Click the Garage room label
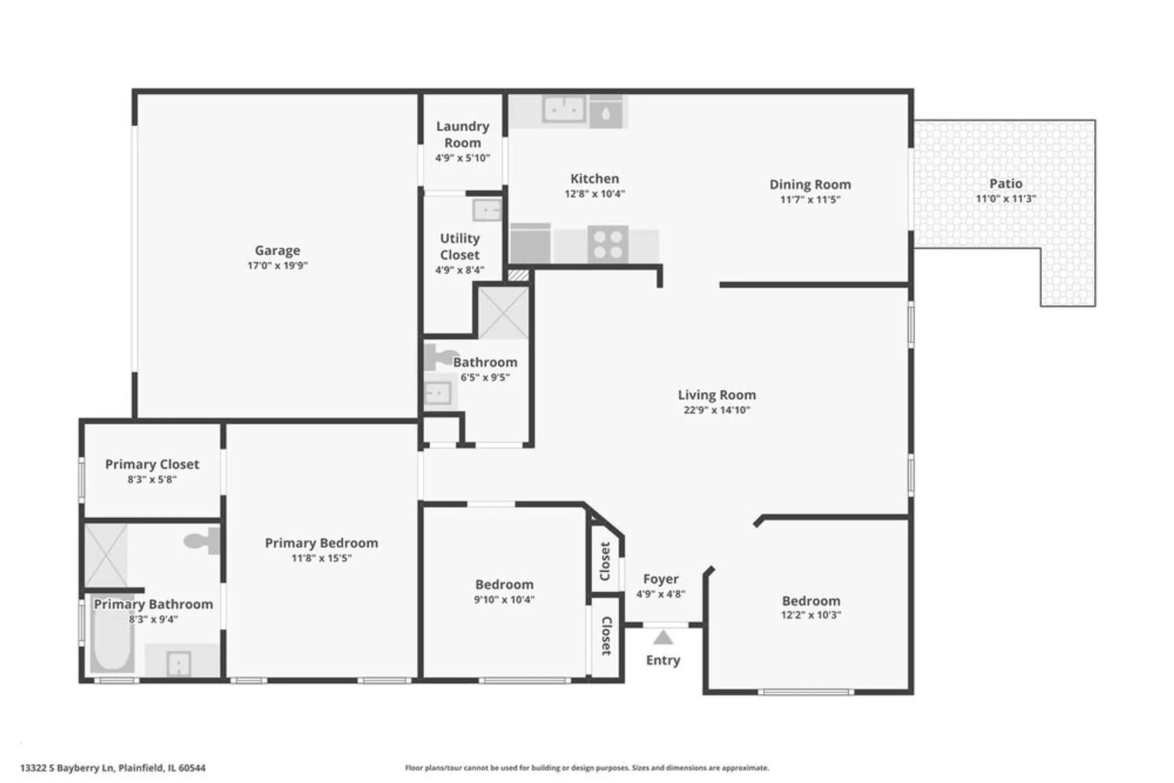tap(277, 251)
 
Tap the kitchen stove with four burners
tap(608, 245)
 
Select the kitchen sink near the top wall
tap(564, 109)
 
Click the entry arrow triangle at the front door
tap(663, 637)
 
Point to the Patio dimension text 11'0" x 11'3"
tap(1006, 199)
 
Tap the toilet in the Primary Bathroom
tap(200, 541)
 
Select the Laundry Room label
tap(463, 134)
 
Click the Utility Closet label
tap(460, 247)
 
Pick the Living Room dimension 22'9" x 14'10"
tap(717, 410)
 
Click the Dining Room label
tap(810, 184)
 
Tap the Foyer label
tap(660, 579)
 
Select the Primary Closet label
tap(152, 464)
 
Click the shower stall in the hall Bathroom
tap(504, 313)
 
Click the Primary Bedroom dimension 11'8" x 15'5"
tap(321, 558)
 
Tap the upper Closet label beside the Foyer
tap(605, 561)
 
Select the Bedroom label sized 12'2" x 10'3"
tap(811, 601)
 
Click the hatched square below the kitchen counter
tap(518, 275)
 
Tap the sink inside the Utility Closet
tap(487, 210)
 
